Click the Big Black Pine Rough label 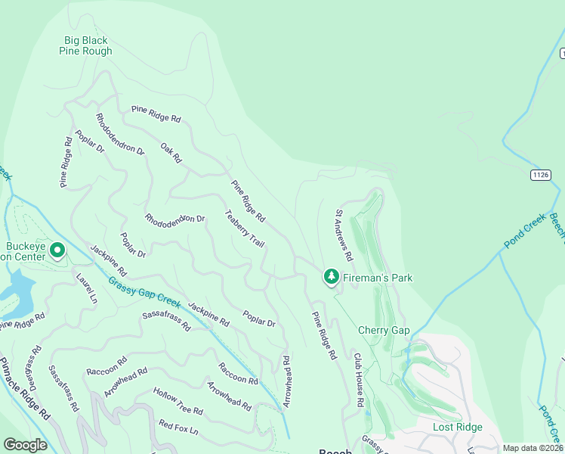(x=85, y=46)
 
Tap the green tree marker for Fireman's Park (x=331, y=277)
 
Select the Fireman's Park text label (x=378, y=278)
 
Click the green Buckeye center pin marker (x=57, y=249)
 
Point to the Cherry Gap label (x=384, y=331)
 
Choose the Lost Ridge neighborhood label (x=457, y=428)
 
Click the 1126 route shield (x=539, y=175)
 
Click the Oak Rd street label (x=171, y=153)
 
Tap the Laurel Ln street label (x=87, y=288)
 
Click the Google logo (x=25, y=445)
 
